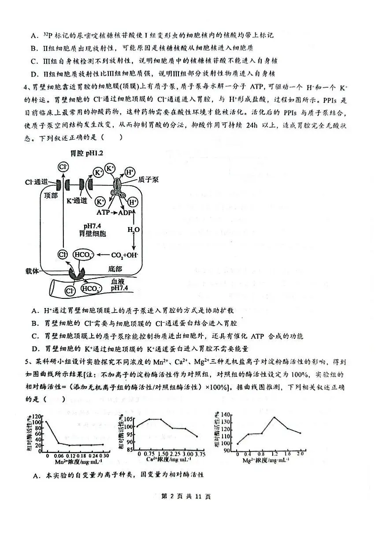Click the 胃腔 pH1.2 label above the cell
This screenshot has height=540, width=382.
click(x=86, y=153)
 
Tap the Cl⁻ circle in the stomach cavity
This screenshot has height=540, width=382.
click(x=63, y=167)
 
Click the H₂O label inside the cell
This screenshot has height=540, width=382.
click(x=134, y=229)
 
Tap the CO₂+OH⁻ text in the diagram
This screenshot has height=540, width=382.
click(x=125, y=255)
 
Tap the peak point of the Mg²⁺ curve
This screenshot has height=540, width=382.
click(x=274, y=417)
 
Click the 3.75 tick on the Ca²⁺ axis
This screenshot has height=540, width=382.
click(x=197, y=453)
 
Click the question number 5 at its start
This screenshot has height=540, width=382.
click(x=27, y=362)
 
